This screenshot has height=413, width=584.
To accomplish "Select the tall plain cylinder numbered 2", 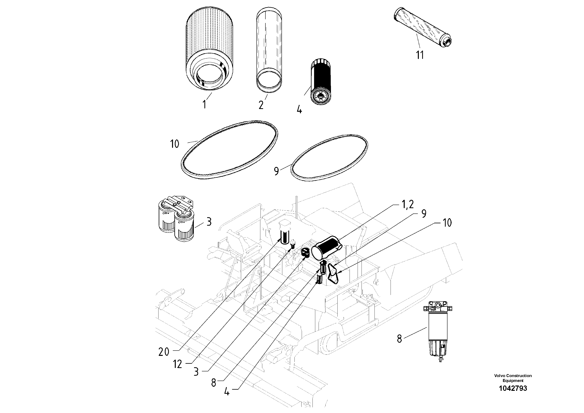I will (x=269, y=50).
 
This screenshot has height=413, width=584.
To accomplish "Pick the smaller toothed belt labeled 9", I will (x=329, y=158).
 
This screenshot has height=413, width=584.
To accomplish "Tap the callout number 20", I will (x=164, y=352).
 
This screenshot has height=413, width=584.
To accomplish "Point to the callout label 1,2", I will (x=408, y=204).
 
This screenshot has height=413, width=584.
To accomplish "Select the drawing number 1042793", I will (x=513, y=396).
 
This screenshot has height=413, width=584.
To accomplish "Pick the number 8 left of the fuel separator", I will (x=399, y=339).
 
